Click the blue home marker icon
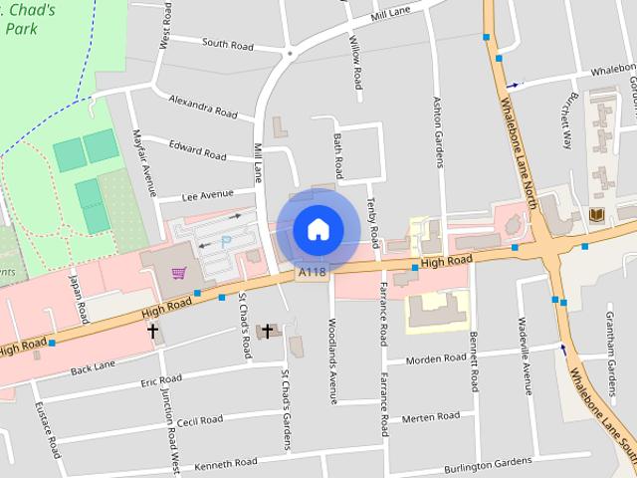tap(318, 229)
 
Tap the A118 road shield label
tap(312, 271)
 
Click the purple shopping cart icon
tap(179, 273)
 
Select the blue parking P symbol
tap(225, 240)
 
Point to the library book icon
tap(597, 215)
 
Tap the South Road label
tap(228, 45)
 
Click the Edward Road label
tap(198, 149)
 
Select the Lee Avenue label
tap(207, 194)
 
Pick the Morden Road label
tap(435, 358)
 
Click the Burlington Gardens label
tap(489, 464)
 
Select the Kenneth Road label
tap(226, 463)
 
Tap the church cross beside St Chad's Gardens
tap(267, 331)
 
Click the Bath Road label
tap(338, 150)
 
